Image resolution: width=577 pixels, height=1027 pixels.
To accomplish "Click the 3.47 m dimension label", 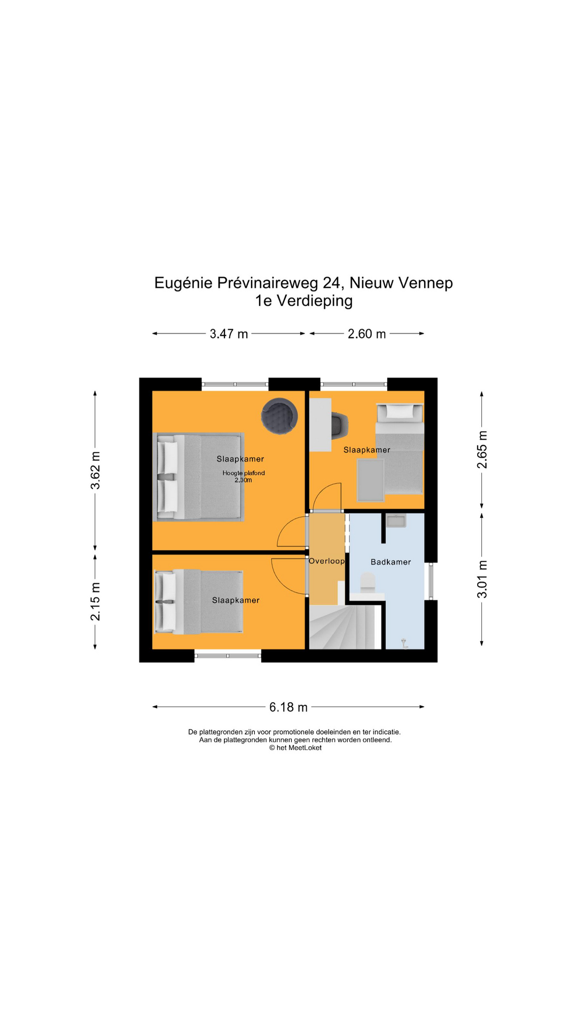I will pyautogui.click(x=229, y=334).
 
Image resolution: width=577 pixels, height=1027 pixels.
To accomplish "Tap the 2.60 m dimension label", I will pyautogui.click(x=367, y=334).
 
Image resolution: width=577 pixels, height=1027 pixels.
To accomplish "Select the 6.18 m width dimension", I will pyautogui.click(x=288, y=707).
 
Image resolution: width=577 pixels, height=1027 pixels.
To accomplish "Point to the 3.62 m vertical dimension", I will pyautogui.click(x=95, y=470).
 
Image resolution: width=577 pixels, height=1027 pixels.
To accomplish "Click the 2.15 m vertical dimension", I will pyautogui.click(x=95, y=601).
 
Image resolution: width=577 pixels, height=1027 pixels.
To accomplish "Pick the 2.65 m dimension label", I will pyautogui.click(x=482, y=449).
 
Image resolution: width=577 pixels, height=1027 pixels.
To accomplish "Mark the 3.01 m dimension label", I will pyautogui.click(x=482, y=579).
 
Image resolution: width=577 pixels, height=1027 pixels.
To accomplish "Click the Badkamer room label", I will pyautogui.click(x=391, y=562).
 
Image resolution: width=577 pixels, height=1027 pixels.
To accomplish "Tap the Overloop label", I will pyautogui.click(x=326, y=561).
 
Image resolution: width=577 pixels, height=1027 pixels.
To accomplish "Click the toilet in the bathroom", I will pyautogui.click(x=368, y=583).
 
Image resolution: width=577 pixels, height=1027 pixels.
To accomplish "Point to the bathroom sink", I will pyautogui.click(x=396, y=520).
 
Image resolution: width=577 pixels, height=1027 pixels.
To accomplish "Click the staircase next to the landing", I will pyautogui.click(x=342, y=627).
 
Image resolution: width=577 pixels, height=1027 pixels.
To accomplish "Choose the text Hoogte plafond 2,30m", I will pyautogui.click(x=244, y=477).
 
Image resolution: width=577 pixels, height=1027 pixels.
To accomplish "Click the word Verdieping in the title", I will pyautogui.click(x=314, y=301).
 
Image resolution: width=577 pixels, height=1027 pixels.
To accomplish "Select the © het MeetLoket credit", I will pyautogui.click(x=295, y=748).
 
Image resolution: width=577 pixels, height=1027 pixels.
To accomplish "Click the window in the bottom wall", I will pyautogui.click(x=228, y=655).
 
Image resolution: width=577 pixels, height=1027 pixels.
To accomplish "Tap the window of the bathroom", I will pyautogui.click(x=430, y=581).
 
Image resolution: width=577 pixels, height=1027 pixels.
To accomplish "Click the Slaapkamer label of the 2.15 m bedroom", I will pyautogui.click(x=236, y=600).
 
